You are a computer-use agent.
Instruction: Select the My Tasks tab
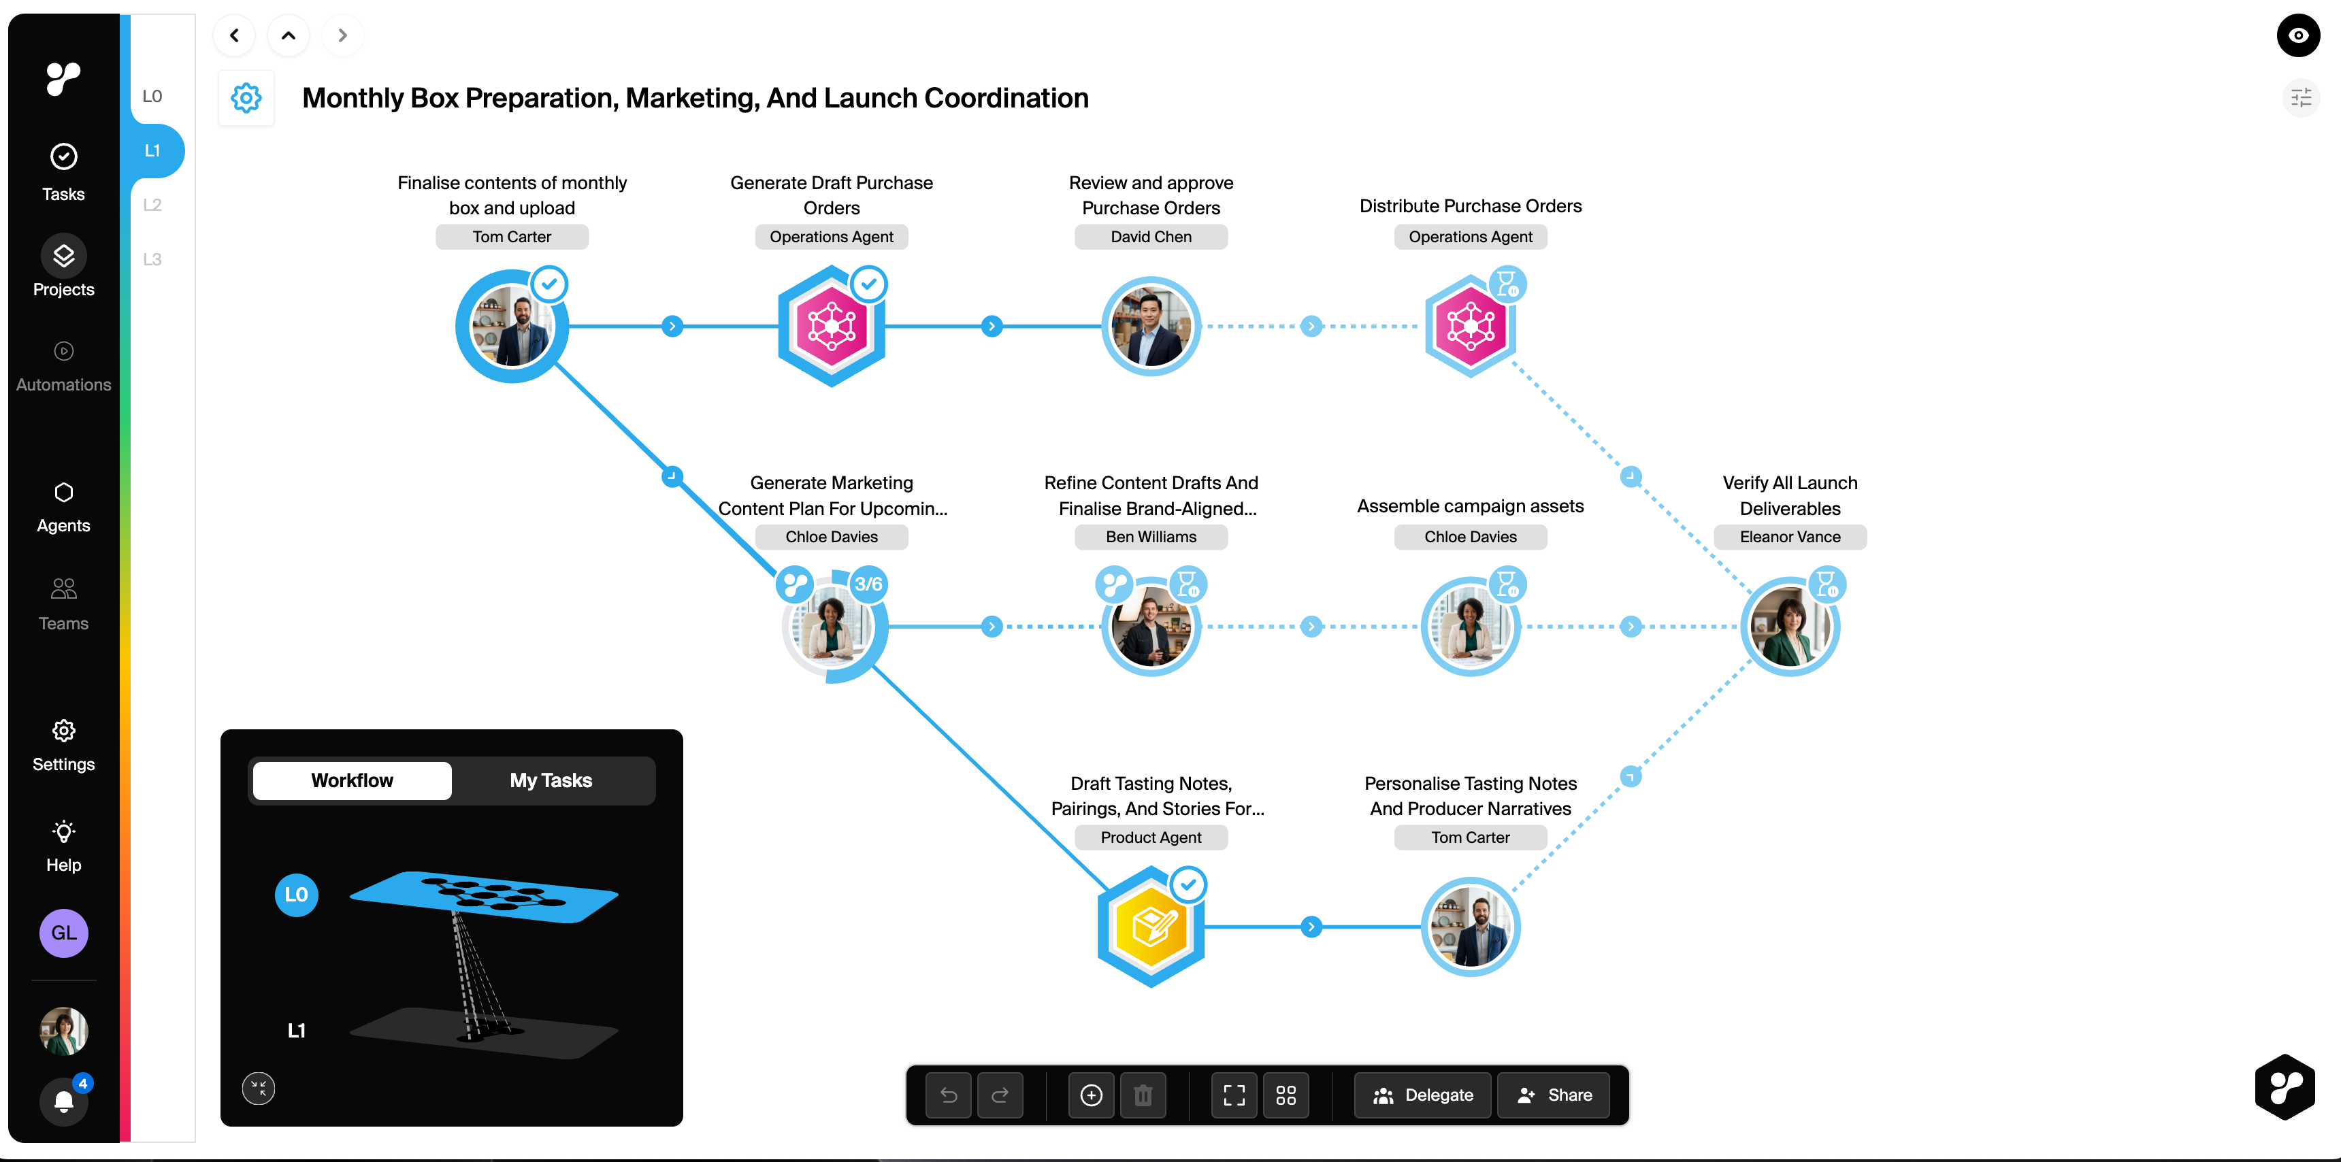[x=551, y=780]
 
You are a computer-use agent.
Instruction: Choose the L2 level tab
[x=152, y=205]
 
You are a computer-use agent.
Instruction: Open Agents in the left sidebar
[x=63, y=507]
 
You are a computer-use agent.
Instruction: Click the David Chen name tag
[x=1151, y=237]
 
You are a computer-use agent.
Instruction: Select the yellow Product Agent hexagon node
[x=1151, y=927]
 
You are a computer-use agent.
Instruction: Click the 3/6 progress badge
[x=868, y=584]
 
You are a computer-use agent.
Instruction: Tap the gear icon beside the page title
[x=246, y=98]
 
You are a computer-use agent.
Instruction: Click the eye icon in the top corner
[x=2297, y=35]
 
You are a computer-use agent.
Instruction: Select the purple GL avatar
[x=63, y=933]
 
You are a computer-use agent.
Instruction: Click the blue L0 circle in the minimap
[x=296, y=895]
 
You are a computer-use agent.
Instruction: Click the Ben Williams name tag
[x=1151, y=537]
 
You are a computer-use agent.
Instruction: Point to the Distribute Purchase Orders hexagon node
[x=1469, y=326]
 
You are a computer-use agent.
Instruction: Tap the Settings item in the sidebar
[x=63, y=745]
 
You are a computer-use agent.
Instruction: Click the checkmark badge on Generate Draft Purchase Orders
[x=869, y=284]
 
